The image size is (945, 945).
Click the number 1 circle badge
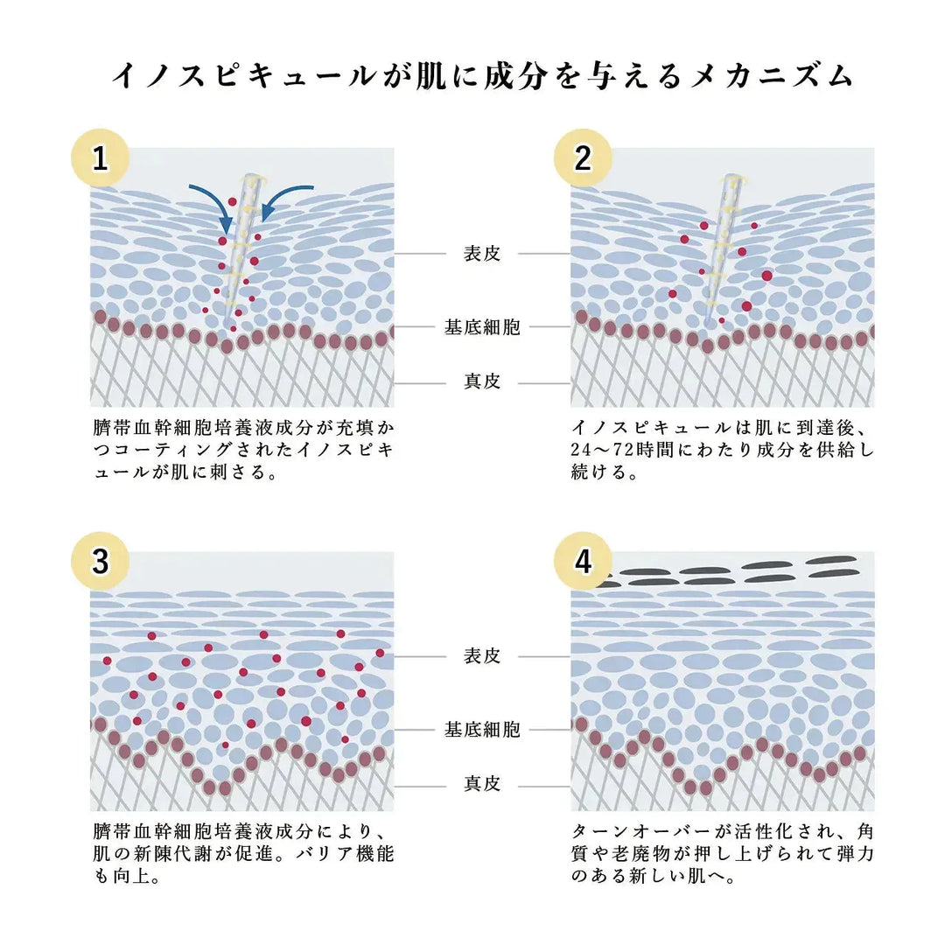(x=100, y=157)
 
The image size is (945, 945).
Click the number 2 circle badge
(x=583, y=157)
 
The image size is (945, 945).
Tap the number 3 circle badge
(x=100, y=561)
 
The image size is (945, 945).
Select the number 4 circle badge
(x=583, y=561)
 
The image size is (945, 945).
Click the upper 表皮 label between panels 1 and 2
(x=481, y=254)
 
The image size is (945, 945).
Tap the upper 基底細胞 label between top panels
(x=481, y=327)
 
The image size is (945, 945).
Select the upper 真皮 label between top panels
(x=481, y=381)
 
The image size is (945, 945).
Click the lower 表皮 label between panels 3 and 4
(x=481, y=655)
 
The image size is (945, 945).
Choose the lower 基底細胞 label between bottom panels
(x=481, y=730)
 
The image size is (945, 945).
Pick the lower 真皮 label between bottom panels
(x=481, y=783)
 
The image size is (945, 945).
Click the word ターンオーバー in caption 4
(x=642, y=832)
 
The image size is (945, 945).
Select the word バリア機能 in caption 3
(x=345, y=854)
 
